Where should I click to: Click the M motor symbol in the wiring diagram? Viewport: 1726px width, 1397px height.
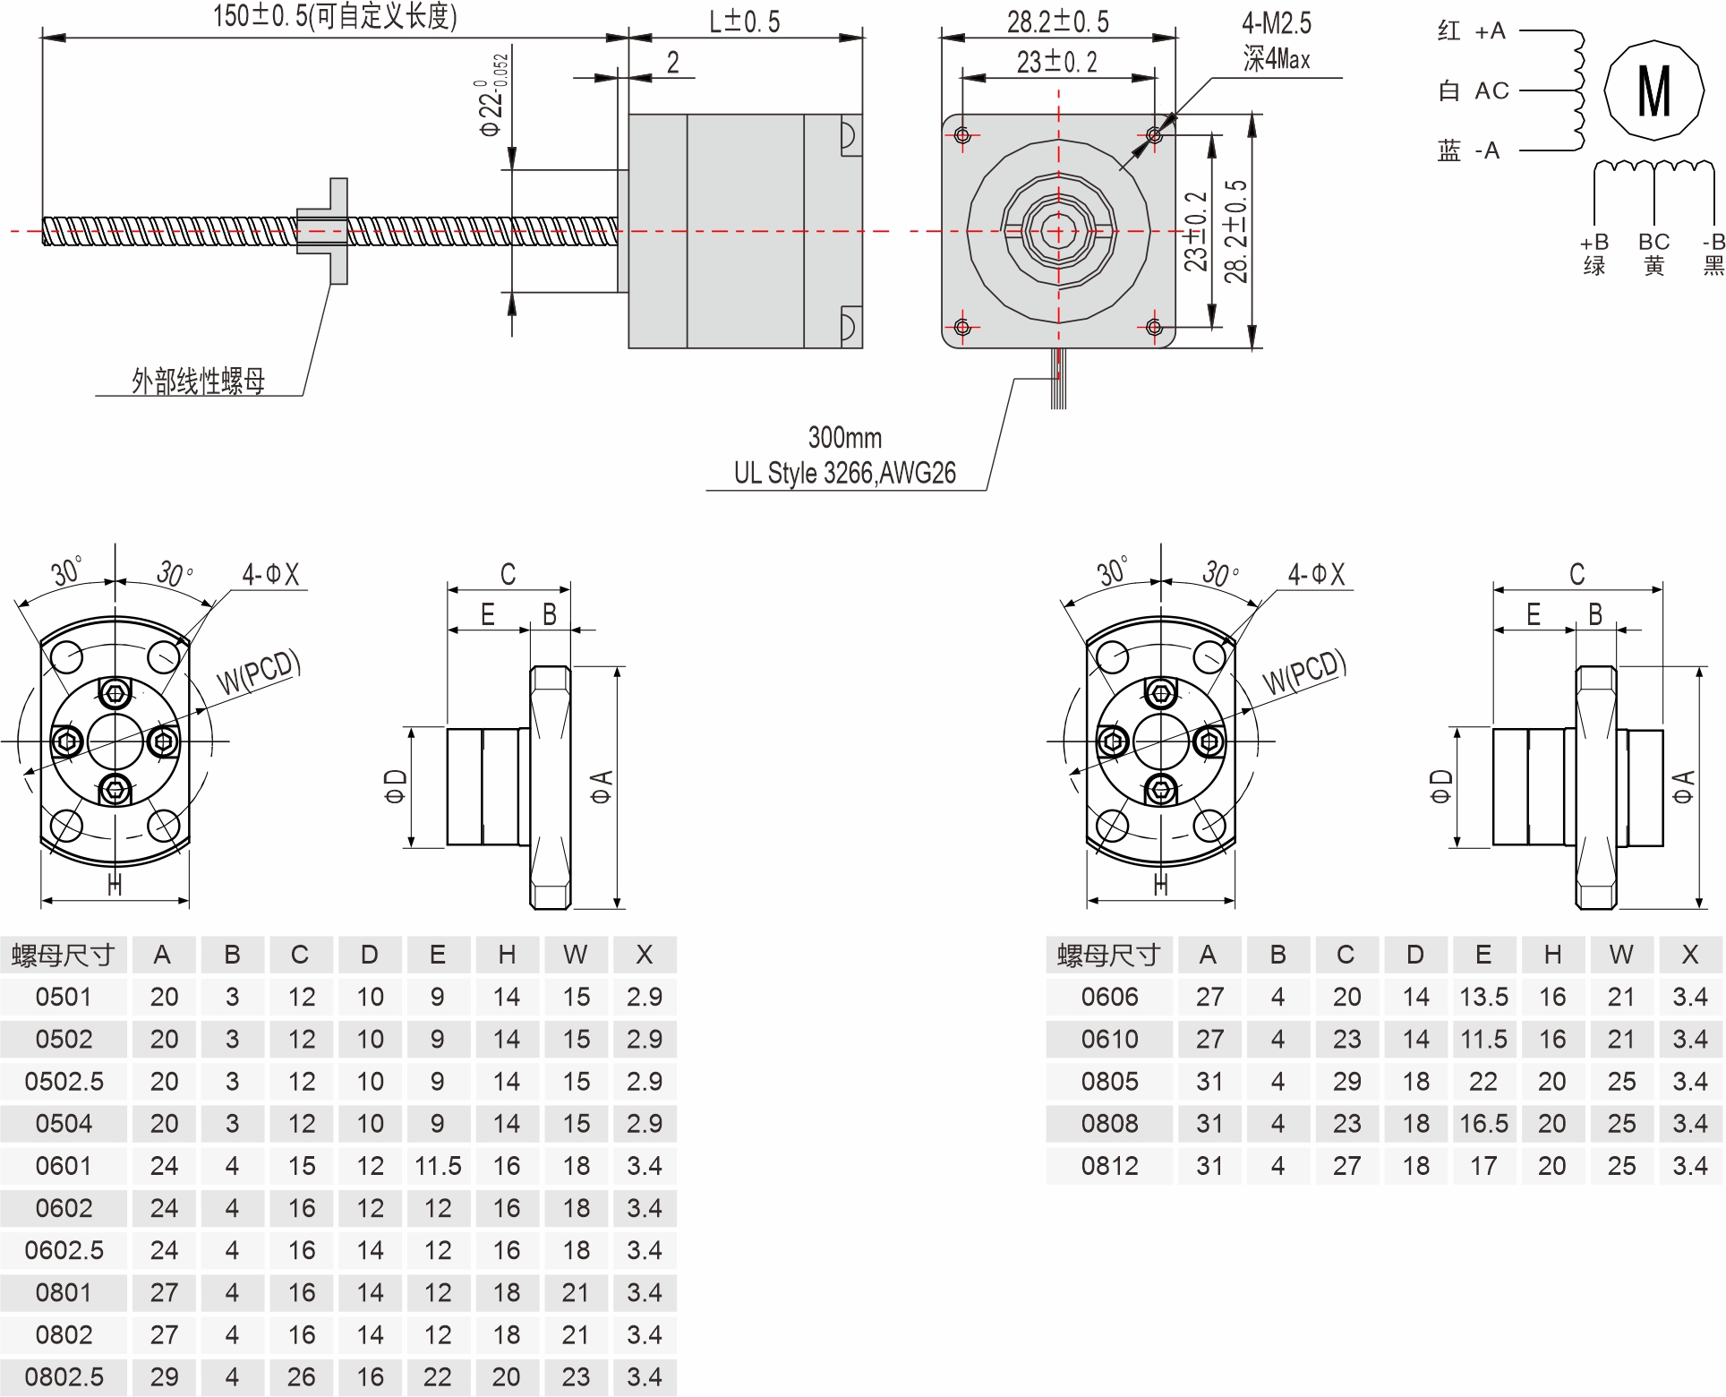(1653, 90)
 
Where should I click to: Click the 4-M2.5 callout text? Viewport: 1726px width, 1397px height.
(1276, 24)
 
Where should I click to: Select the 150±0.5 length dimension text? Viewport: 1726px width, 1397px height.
(335, 16)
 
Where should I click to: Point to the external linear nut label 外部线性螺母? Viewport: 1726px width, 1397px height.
(199, 381)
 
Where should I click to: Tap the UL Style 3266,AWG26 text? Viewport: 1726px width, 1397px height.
(844, 473)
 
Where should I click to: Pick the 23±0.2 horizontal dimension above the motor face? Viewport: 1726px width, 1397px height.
(1056, 62)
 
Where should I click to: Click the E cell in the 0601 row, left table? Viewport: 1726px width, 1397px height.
(438, 1166)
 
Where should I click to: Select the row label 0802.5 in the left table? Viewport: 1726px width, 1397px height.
(64, 1376)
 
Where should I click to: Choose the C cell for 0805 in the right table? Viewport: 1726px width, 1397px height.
(1346, 1082)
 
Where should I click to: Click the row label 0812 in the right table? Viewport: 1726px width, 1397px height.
(1109, 1166)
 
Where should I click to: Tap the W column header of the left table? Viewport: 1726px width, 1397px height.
(576, 955)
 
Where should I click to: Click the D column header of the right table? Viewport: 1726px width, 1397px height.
(1414, 955)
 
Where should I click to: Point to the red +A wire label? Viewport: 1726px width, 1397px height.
(1472, 31)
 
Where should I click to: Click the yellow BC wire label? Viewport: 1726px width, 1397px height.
(1653, 253)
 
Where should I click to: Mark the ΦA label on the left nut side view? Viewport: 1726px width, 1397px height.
(601, 786)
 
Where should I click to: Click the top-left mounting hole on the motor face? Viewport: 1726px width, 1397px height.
(962, 135)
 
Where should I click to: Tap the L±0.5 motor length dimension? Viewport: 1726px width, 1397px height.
(744, 21)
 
